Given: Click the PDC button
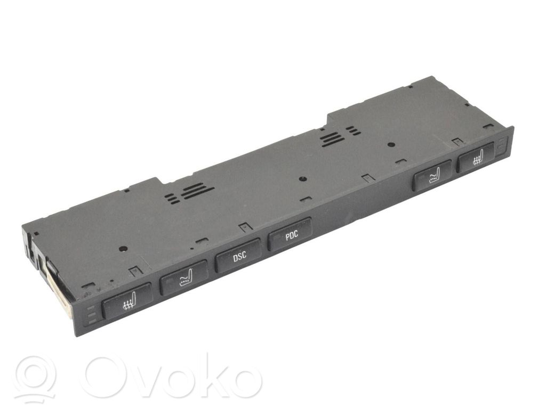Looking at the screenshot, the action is pyautogui.click(x=290, y=234).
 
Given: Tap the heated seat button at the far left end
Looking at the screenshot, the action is pyautogui.click(x=127, y=300).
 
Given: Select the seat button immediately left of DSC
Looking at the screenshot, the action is pyautogui.click(x=184, y=277).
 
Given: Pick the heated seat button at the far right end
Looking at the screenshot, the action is pyautogui.click(x=476, y=157).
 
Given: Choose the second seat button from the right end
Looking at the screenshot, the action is pyautogui.click(x=432, y=175).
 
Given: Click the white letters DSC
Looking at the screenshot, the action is pyautogui.click(x=239, y=257).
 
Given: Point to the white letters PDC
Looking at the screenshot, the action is pyautogui.click(x=292, y=235).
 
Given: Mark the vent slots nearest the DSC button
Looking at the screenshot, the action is pyautogui.click(x=189, y=193).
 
